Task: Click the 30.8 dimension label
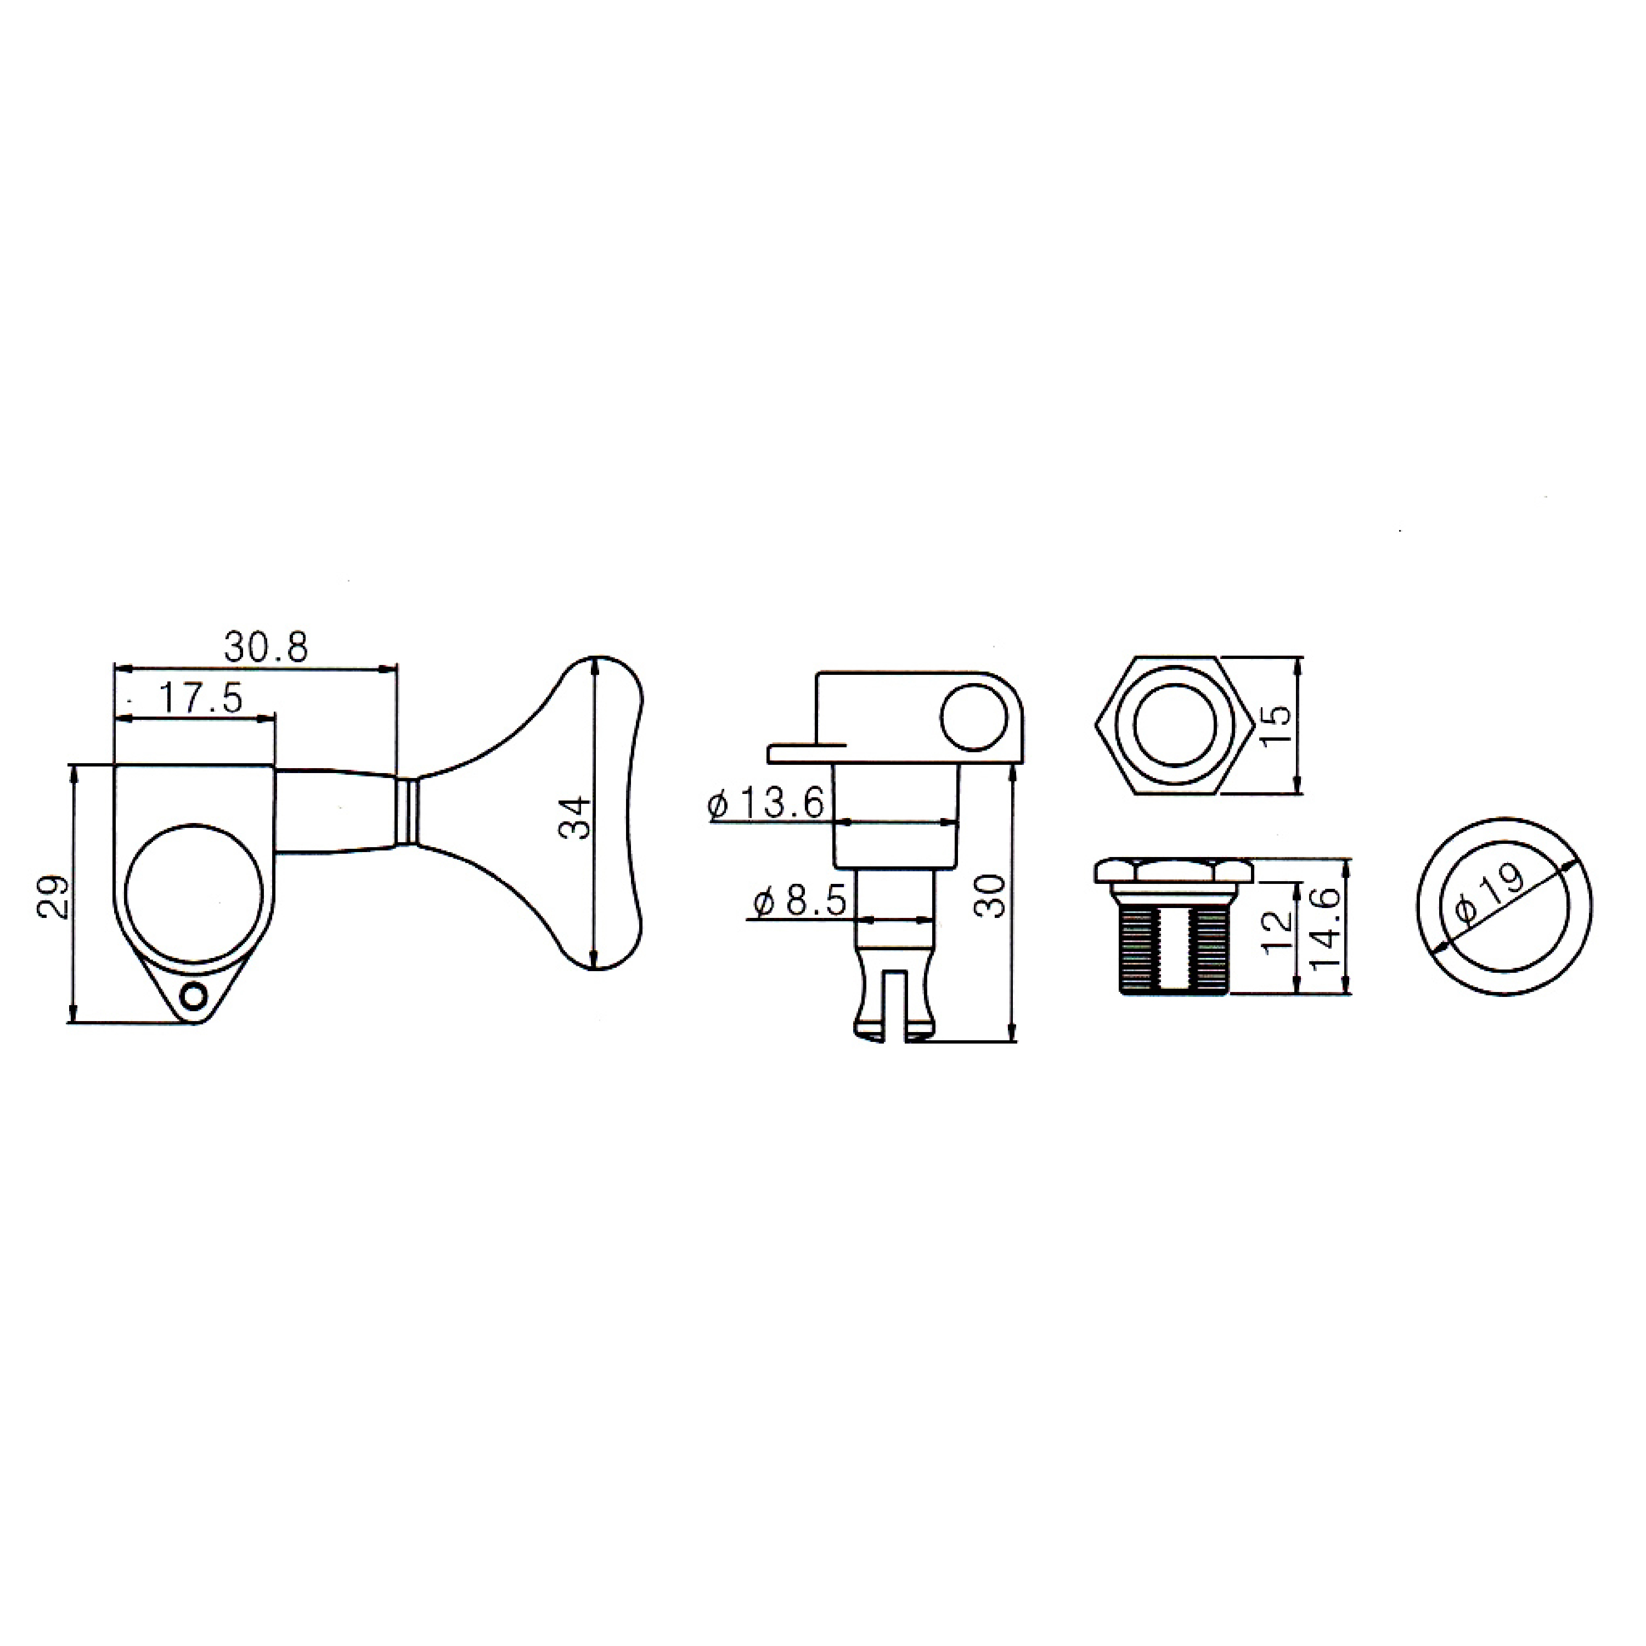265,647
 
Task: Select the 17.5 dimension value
201,698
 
